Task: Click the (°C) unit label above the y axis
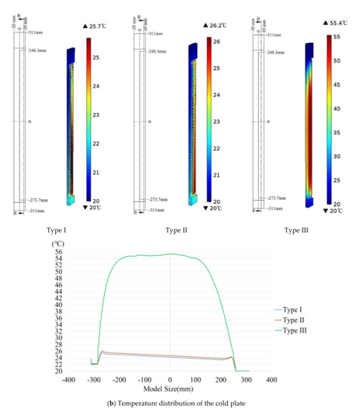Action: tap(57, 243)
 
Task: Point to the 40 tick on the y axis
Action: tap(57, 304)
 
